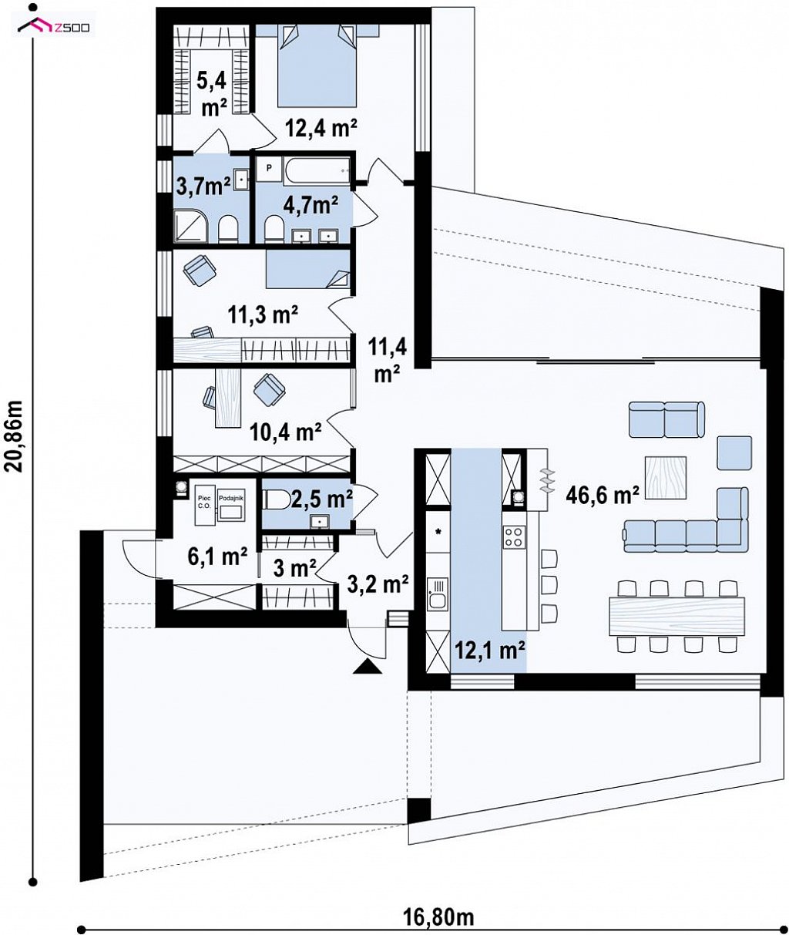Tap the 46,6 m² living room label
coord(602,496)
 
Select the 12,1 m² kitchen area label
coord(489,650)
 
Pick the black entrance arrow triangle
coord(368,666)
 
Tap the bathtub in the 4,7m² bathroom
coord(317,170)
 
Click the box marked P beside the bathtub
coord(268,170)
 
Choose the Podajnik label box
coord(231,504)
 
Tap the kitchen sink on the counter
coord(437,594)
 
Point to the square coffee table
coord(666,478)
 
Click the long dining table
coord(677,616)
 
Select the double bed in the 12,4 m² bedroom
coord(317,66)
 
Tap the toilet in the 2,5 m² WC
coord(276,499)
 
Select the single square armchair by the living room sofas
coord(734,452)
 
